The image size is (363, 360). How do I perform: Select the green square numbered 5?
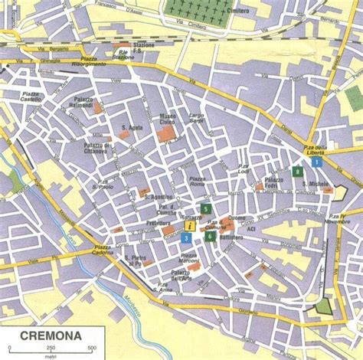click(205, 208)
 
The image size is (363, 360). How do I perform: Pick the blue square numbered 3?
click(187, 238)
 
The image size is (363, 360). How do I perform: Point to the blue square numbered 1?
click(327, 161)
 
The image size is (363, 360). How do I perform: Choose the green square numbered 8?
click(297, 171)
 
